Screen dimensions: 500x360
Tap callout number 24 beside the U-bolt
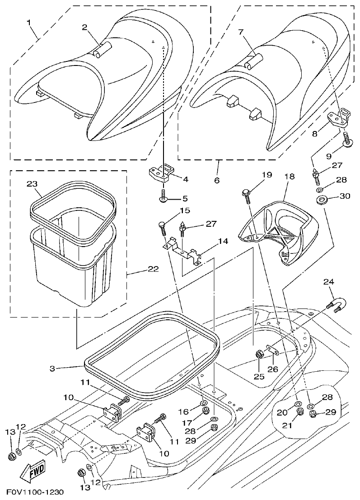click(x=329, y=282)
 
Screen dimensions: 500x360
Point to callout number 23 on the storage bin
click(x=32, y=184)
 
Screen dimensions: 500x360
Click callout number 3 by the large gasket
click(x=52, y=369)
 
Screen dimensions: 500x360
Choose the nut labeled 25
click(x=260, y=354)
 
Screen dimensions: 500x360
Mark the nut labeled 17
click(x=204, y=411)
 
